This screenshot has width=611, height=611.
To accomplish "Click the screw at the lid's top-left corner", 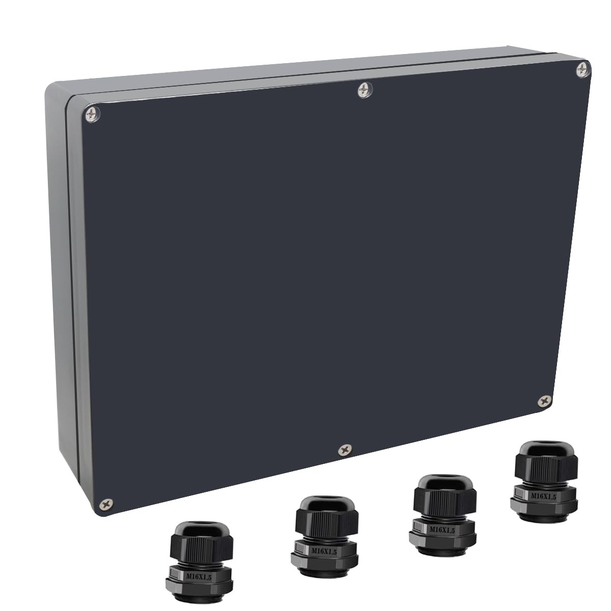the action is [x=92, y=115].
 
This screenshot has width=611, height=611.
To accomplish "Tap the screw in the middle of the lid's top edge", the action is [x=365, y=90].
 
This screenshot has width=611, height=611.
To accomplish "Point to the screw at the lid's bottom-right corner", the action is [x=545, y=401].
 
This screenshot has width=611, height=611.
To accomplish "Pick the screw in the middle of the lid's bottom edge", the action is [x=345, y=450].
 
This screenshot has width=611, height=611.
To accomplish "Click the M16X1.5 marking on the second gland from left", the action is [x=324, y=542].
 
